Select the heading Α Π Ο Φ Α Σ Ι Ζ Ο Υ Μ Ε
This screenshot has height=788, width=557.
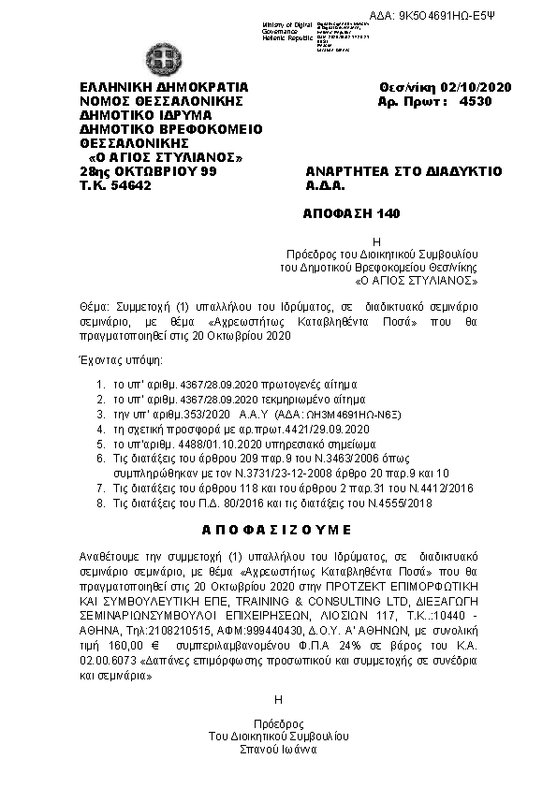click(x=278, y=529)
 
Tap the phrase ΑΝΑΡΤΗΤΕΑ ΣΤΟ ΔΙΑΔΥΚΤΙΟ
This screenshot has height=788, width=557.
click(x=404, y=171)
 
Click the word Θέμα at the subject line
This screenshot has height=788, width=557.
click(x=94, y=307)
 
